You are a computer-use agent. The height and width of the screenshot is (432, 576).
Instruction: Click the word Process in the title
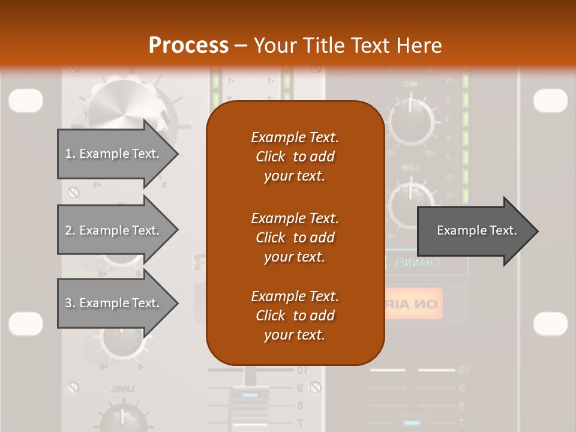coord(188,46)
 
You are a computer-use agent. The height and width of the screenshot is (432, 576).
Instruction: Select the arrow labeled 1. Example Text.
coord(114,154)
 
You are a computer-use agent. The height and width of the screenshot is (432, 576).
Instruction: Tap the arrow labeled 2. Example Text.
coord(114,230)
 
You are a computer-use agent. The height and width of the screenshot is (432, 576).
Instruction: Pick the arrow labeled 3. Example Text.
coord(114,303)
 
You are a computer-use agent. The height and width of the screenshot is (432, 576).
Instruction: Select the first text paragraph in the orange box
coord(295,157)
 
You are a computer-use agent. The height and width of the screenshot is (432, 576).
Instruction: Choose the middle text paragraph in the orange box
coord(295,237)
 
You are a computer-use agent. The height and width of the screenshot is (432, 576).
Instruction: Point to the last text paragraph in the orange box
coord(295,316)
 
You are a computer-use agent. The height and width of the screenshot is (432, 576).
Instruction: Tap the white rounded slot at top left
coord(26,100)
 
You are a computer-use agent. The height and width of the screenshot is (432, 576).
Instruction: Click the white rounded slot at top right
coord(550,100)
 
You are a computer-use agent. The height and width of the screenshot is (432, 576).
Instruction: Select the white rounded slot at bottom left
coord(26,323)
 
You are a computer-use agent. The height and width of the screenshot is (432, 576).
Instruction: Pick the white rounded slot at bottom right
coord(550,323)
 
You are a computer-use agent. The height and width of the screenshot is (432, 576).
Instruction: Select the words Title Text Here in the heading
coord(347,46)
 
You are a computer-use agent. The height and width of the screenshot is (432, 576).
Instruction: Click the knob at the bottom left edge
coord(123,417)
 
